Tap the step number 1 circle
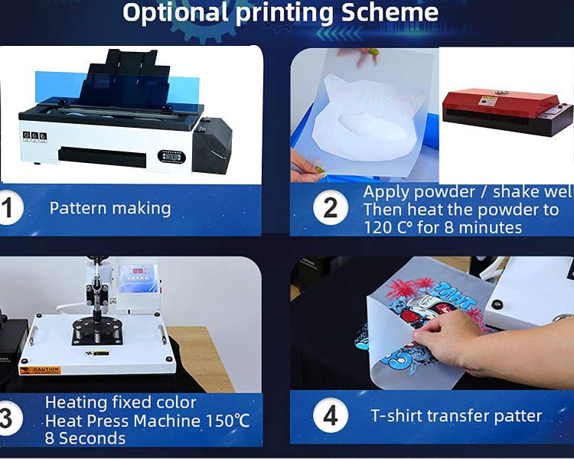(8, 208)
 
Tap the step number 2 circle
(331, 209)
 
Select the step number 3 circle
(6, 418)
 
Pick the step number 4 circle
(331, 416)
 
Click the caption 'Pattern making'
(110, 208)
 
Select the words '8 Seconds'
(85, 438)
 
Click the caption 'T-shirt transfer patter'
(456, 416)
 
